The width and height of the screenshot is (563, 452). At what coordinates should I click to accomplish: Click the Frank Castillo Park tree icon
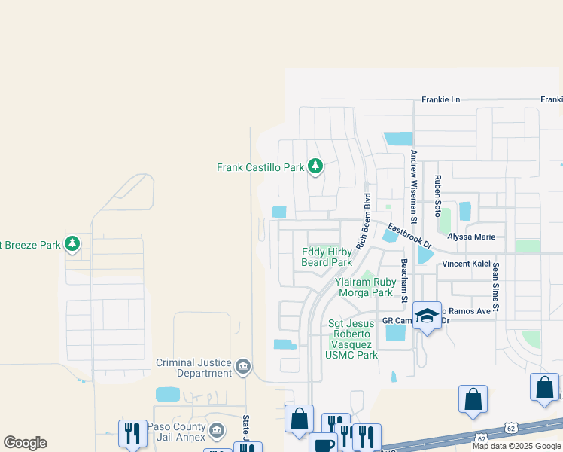pos(315,166)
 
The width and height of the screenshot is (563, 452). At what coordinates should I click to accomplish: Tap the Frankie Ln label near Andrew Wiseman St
pos(440,99)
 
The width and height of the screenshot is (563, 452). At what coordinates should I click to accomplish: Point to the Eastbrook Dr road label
pos(409,235)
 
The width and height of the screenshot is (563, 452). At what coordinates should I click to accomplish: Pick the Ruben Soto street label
pos(437,197)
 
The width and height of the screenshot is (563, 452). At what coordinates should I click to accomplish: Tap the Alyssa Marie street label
pos(471,237)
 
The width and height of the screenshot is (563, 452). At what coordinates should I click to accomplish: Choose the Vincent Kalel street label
pos(466,264)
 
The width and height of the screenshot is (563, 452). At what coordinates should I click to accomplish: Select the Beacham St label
pos(404,281)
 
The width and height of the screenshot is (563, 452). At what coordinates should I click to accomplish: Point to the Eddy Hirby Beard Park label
pos(327,257)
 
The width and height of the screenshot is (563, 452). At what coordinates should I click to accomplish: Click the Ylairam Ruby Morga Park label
pos(365,287)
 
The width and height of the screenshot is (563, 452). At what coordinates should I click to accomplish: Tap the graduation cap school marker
pos(427,316)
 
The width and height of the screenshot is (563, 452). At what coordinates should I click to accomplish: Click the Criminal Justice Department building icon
pos(243,367)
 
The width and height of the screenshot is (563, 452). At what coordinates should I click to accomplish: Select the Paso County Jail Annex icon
pos(216,430)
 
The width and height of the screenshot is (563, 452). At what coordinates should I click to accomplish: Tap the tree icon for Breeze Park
pos(72,244)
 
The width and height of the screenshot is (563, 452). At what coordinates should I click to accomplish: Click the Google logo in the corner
pos(25,443)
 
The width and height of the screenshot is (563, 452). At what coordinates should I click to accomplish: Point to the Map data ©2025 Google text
pos(516,446)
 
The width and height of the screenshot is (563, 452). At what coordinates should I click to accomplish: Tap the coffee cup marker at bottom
pos(324,444)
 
